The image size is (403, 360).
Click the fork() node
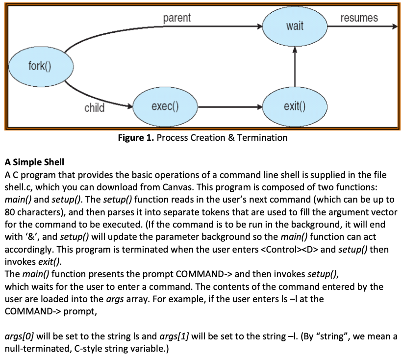[37, 66]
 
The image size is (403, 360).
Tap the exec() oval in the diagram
[165, 106]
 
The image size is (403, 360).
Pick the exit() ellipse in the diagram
[294, 106]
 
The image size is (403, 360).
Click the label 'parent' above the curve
[177, 18]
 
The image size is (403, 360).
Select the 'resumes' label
[359, 18]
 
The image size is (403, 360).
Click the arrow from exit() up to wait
[295, 69]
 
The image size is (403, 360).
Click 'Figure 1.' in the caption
[136, 138]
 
